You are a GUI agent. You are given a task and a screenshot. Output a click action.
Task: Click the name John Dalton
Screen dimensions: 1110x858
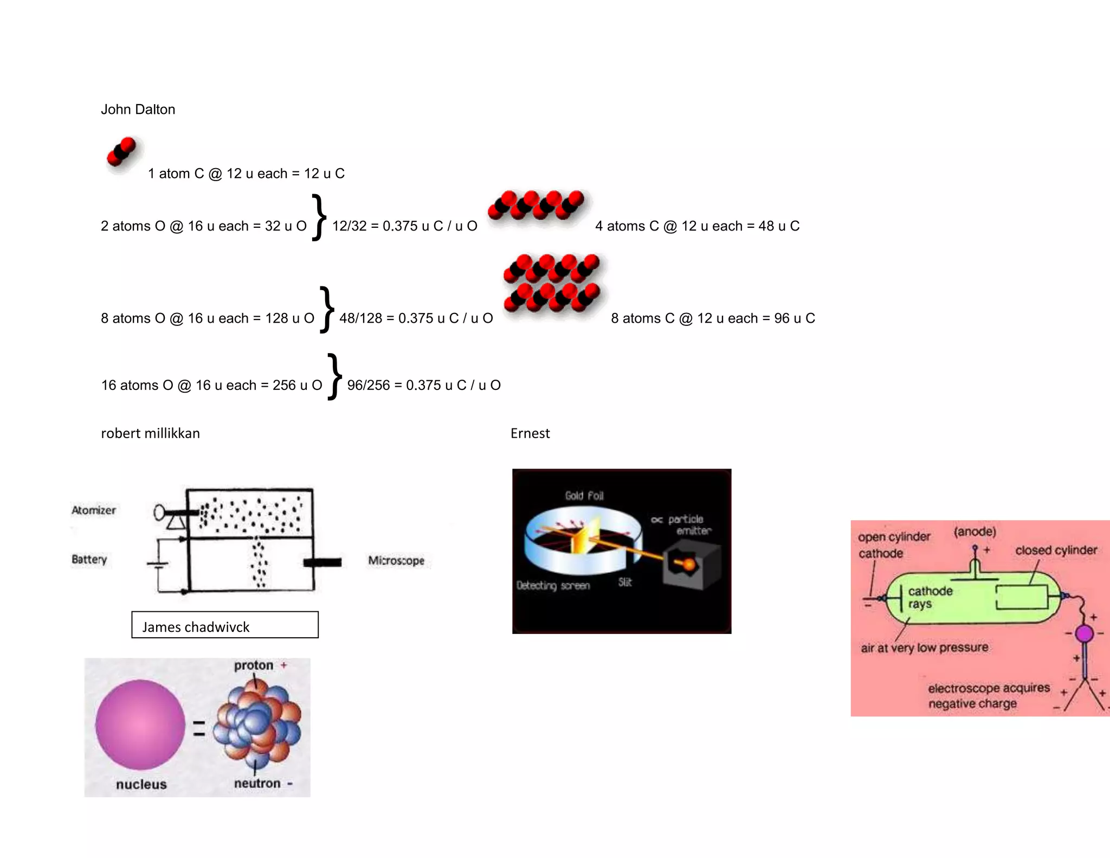coord(138,110)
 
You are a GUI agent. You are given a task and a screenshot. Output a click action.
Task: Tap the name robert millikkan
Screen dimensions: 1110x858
coord(150,433)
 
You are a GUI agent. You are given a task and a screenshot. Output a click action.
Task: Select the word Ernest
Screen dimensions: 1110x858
coord(530,433)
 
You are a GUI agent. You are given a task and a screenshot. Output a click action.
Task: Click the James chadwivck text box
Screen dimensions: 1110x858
coord(224,625)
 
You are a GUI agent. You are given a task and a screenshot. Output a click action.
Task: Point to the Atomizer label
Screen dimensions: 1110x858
coord(94,510)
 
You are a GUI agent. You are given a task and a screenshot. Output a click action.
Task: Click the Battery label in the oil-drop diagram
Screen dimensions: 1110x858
coord(89,559)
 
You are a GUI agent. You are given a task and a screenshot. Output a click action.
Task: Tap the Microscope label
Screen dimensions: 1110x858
coord(396,560)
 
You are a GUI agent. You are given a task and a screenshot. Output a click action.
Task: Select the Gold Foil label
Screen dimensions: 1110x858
coord(584,496)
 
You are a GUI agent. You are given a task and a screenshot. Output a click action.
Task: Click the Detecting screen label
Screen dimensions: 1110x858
coord(552,586)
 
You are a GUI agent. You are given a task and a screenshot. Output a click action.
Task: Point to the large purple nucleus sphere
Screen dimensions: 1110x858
coord(140,725)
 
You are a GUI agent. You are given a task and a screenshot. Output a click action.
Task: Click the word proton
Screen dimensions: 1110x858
coord(253,665)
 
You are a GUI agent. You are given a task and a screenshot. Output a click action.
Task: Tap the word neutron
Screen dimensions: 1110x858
coord(257,784)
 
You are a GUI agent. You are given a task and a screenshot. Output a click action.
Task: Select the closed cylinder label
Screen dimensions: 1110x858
coord(1056,550)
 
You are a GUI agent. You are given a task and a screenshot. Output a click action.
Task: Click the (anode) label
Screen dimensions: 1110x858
coord(975,532)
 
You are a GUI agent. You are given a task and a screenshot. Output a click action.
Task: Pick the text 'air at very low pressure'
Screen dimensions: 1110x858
coord(924,648)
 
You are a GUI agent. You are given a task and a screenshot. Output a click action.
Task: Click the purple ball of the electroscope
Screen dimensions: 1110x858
coord(1084,633)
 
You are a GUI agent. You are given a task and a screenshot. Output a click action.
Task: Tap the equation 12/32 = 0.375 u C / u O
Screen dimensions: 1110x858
coord(404,226)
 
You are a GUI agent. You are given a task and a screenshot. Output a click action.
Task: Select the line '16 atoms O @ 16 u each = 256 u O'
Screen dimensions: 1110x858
coord(211,386)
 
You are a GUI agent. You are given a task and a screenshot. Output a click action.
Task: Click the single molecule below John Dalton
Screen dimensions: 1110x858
coord(122,151)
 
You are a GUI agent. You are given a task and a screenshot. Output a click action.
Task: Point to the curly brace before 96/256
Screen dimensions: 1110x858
coord(334,376)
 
